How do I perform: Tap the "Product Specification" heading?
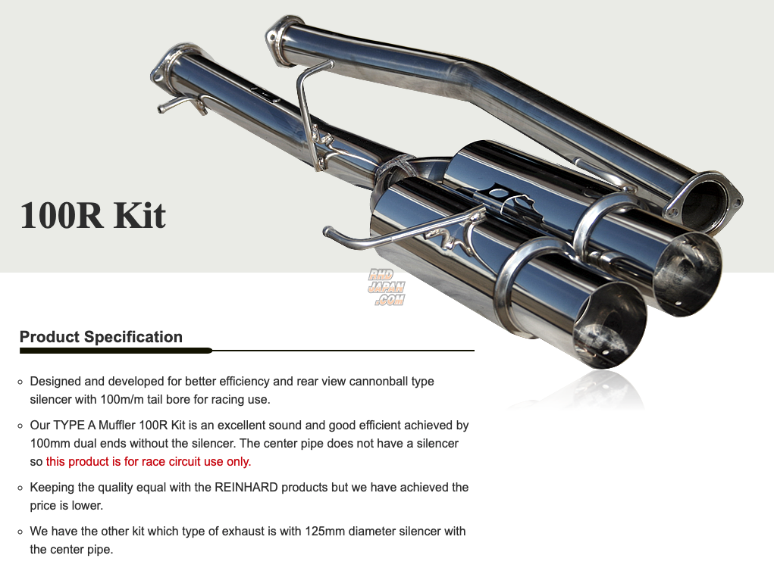(x=101, y=337)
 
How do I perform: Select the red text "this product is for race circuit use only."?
(x=149, y=461)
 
